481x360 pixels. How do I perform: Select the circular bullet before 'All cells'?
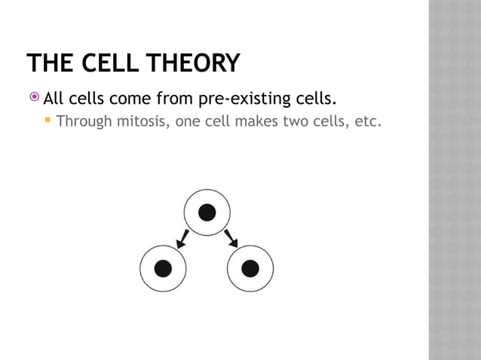(x=35, y=98)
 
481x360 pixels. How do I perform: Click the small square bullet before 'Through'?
(x=47, y=120)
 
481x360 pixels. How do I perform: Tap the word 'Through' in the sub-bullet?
(x=84, y=121)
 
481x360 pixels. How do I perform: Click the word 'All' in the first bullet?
(x=54, y=99)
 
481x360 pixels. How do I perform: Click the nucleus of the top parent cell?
(x=207, y=212)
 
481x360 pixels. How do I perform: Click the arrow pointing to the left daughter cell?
(x=182, y=239)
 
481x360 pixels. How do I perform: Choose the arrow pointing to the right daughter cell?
(x=231, y=239)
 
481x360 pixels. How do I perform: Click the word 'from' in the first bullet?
(x=173, y=99)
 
